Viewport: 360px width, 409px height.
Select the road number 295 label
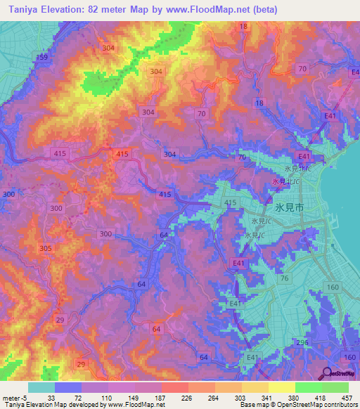pyautogui.click(x=302, y=342)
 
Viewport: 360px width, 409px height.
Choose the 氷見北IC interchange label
pyautogui.click(x=298, y=169)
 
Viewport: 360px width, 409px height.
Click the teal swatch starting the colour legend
pyautogui.click(x=41, y=387)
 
